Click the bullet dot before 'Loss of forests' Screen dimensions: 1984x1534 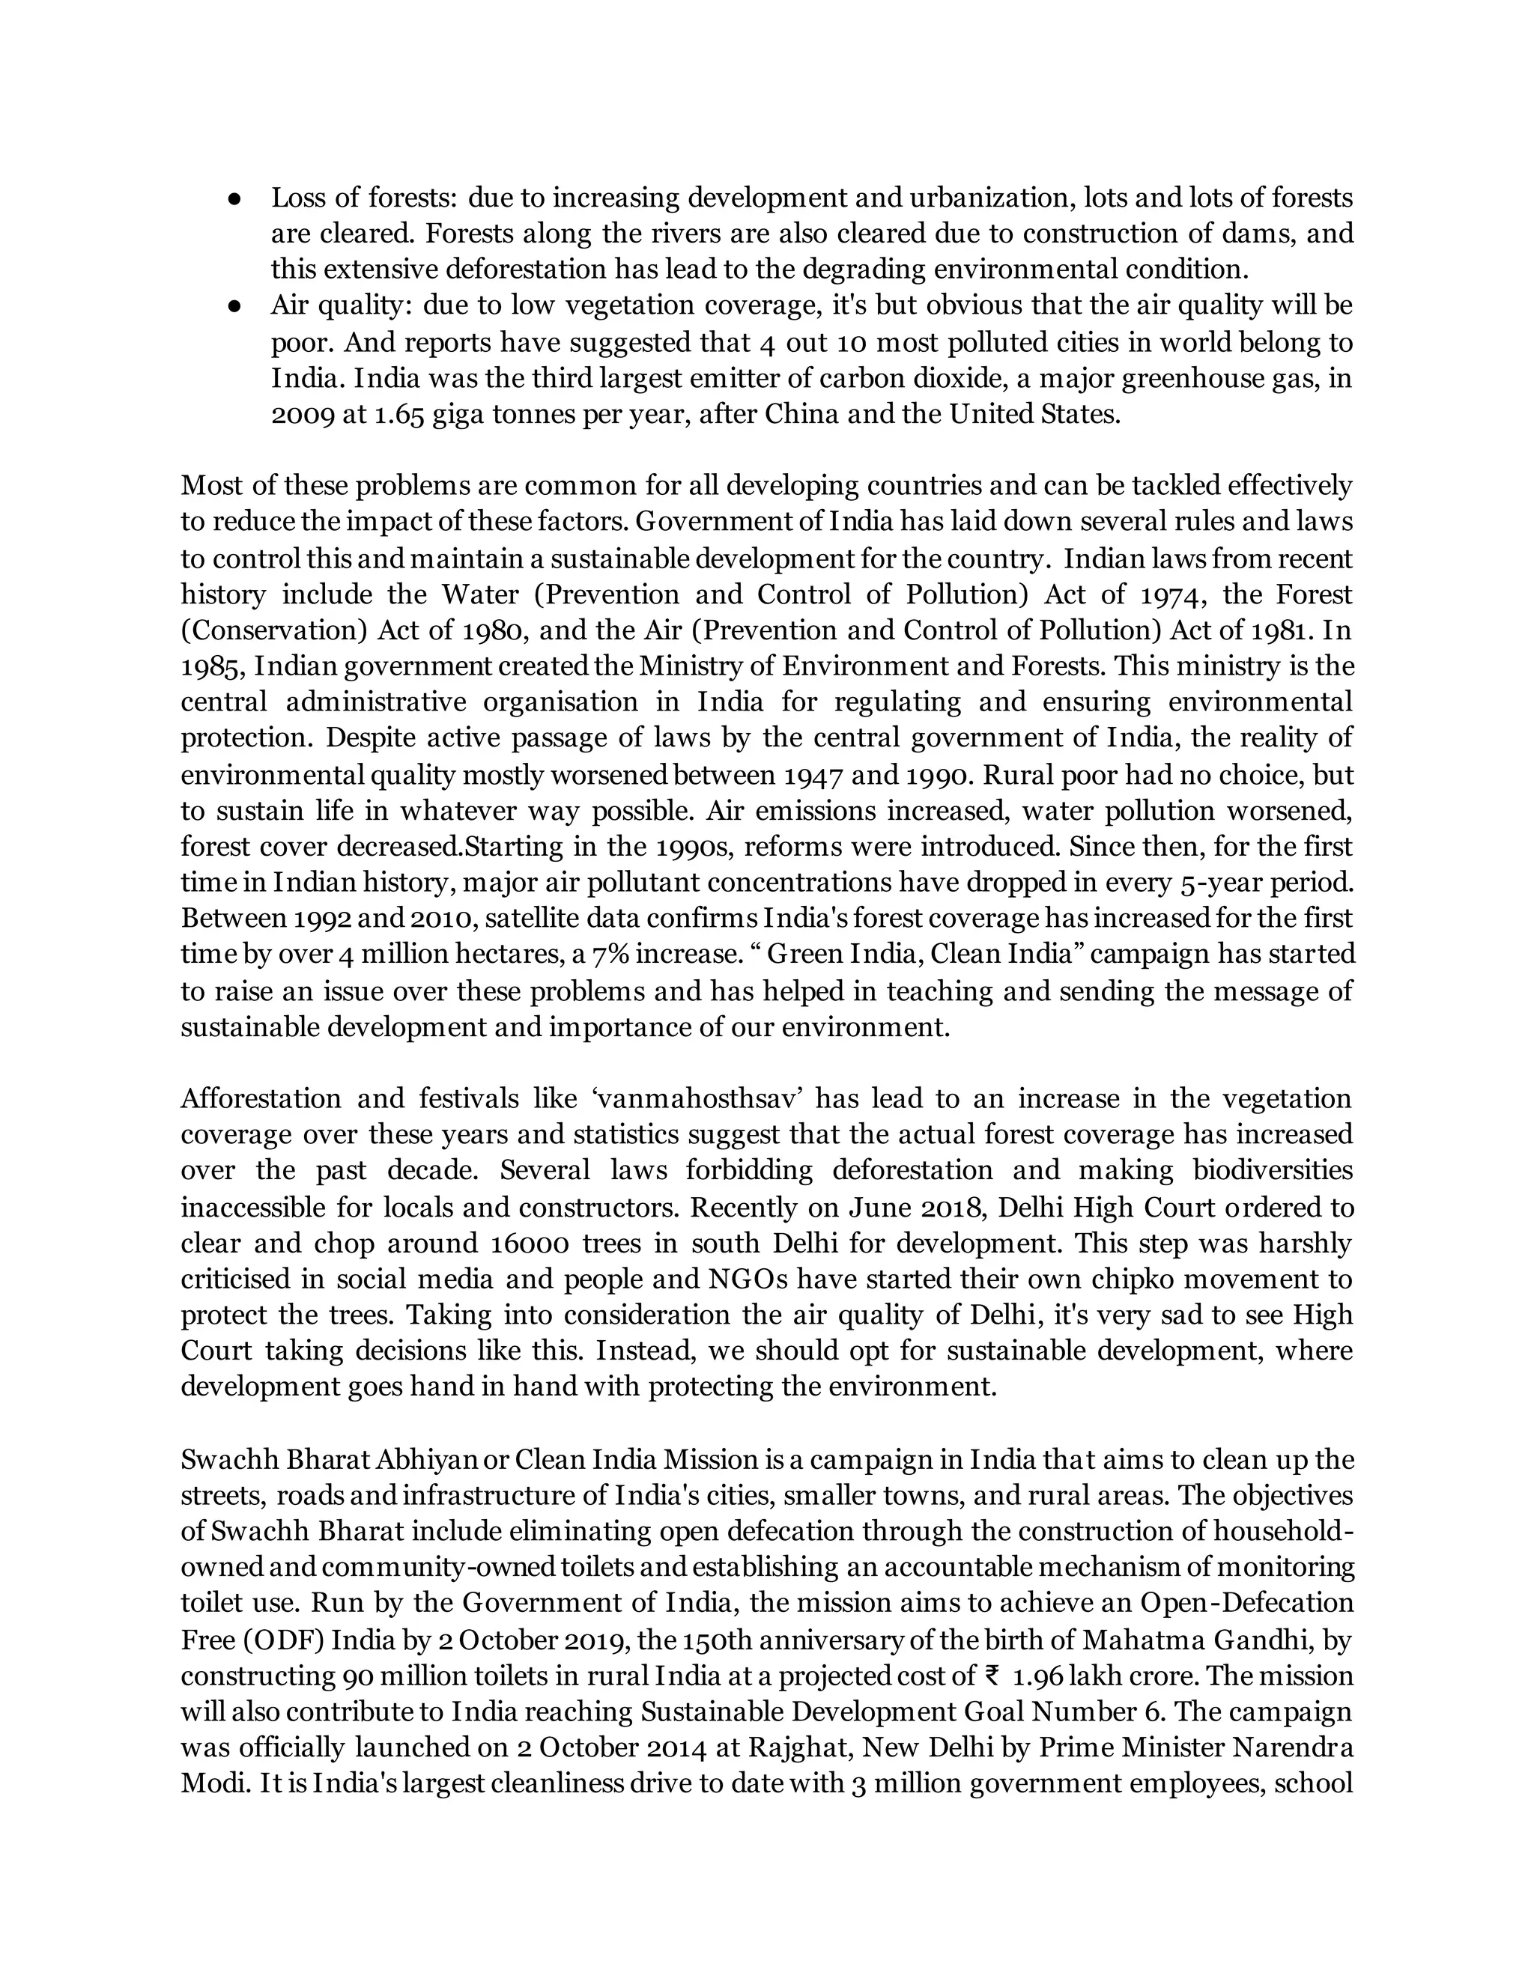click(x=234, y=198)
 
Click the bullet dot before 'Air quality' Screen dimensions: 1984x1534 click(x=234, y=306)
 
